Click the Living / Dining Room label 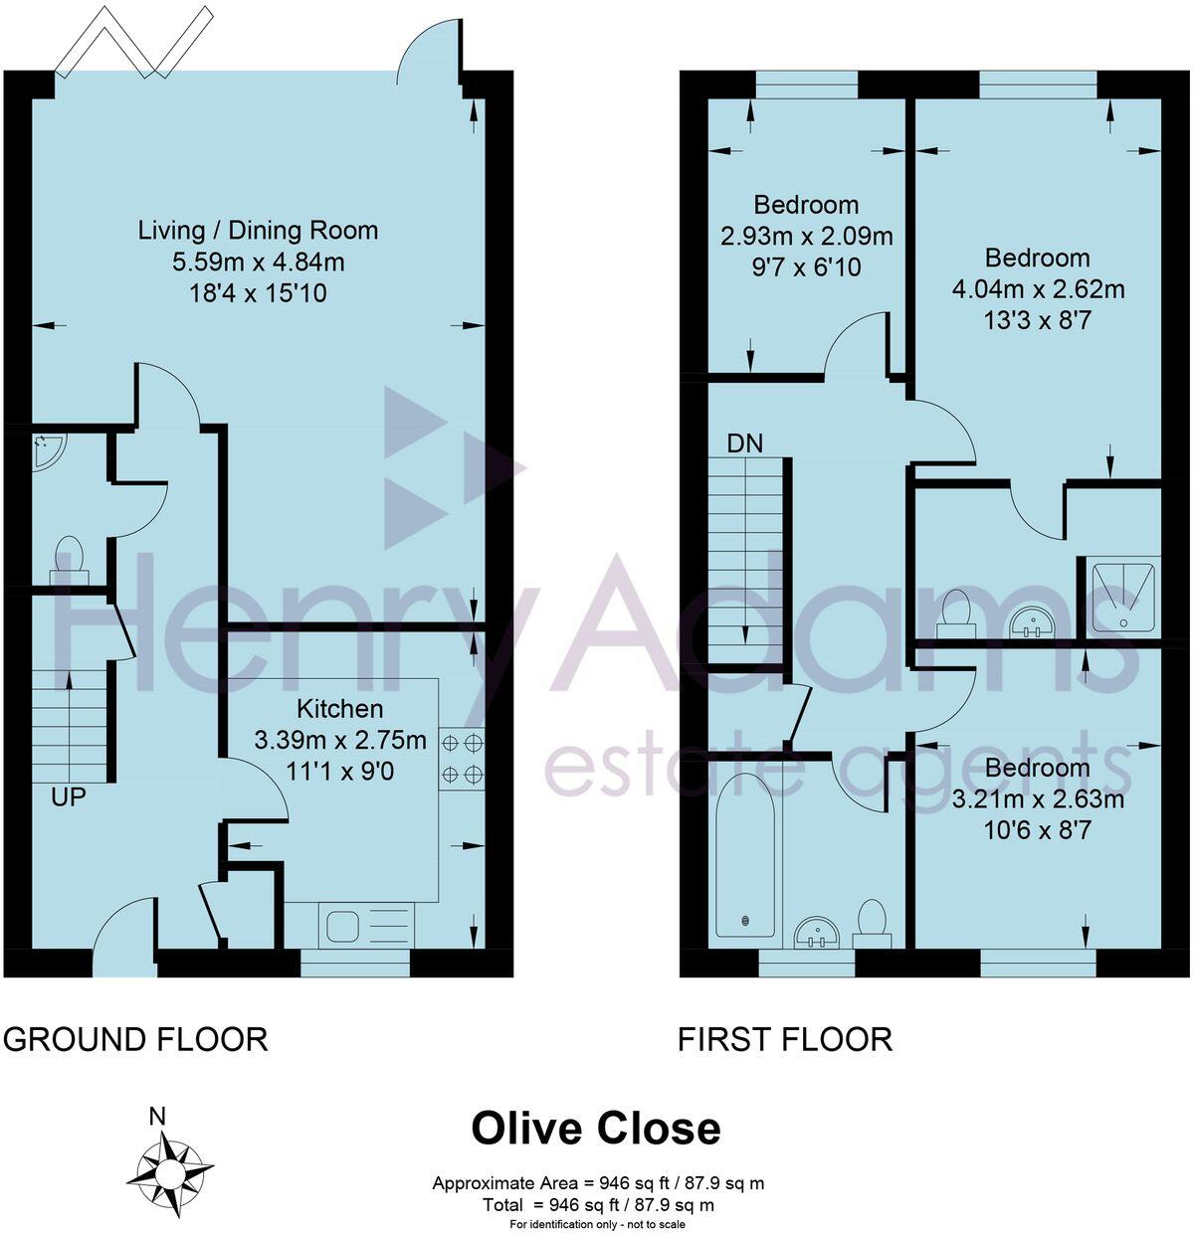(258, 231)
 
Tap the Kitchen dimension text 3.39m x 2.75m (340, 741)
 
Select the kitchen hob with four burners (462, 758)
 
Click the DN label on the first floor (744, 443)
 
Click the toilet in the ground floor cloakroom (69, 560)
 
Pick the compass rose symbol (177, 1165)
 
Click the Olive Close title (595, 1129)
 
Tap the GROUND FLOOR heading (135, 1040)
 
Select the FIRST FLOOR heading (784, 1040)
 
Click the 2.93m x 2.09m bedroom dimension (806, 237)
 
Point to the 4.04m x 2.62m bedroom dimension (1038, 289)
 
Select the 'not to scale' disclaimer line (597, 1224)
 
